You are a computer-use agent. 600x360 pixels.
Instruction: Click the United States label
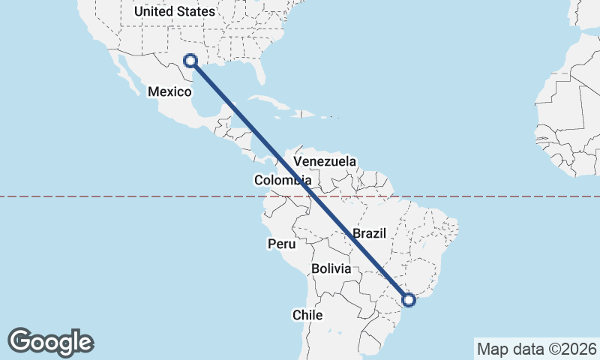click(x=174, y=11)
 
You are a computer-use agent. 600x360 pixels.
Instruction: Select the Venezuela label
click(x=325, y=161)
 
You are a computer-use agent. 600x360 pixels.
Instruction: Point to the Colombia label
click(x=282, y=180)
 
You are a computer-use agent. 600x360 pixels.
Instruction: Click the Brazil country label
click(x=369, y=233)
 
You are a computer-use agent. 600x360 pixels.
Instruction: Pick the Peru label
click(x=281, y=244)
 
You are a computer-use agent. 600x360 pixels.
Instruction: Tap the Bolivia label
click(x=331, y=268)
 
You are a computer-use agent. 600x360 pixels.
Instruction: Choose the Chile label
click(x=307, y=315)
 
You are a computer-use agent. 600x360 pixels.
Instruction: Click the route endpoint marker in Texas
click(x=190, y=61)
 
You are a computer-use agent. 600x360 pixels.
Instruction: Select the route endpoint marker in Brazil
click(x=409, y=300)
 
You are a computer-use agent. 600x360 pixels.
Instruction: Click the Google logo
click(x=51, y=342)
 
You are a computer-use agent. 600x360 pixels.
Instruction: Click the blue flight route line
click(x=300, y=180)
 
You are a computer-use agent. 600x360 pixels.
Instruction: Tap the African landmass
click(x=570, y=112)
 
